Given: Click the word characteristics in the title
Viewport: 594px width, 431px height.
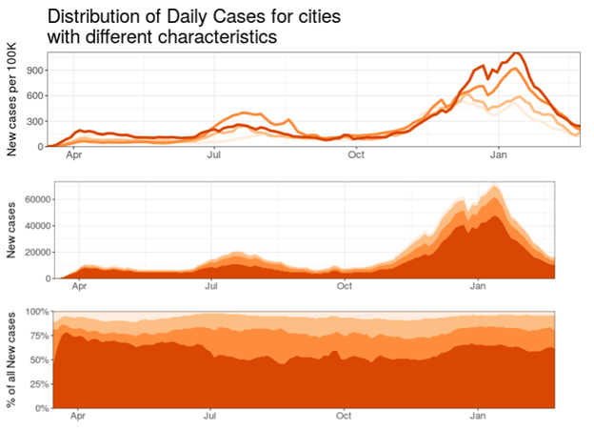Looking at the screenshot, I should point(213,37).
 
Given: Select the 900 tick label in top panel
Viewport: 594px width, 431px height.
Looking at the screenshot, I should point(33,70).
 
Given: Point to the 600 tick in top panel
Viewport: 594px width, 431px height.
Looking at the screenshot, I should point(33,95).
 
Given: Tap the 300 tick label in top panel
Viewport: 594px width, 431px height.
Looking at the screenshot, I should point(33,121).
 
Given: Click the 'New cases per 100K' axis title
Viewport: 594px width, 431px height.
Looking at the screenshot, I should point(12,98).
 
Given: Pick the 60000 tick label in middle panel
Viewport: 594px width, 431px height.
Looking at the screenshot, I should point(34,199).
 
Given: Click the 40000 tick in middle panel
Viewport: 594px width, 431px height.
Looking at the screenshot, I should point(34,225).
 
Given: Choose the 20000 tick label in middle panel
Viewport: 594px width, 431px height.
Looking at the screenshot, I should point(34,252).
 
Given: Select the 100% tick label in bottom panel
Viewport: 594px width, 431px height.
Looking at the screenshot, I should point(33,312).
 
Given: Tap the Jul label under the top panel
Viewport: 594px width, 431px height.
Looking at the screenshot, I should point(214,154).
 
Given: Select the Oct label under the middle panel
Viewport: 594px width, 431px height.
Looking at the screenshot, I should point(345,285).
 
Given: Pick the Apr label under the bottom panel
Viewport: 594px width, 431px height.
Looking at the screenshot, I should point(79,416).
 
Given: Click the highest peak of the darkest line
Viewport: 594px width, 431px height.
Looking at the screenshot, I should point(515,52).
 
